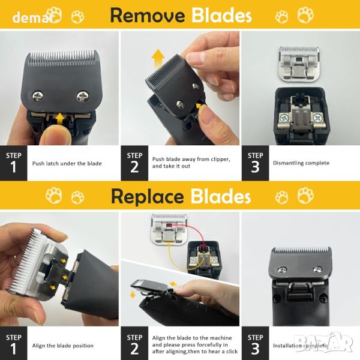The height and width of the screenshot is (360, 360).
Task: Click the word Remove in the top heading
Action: [x=148, y=16]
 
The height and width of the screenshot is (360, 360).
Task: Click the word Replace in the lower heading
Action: [x=147, y=197]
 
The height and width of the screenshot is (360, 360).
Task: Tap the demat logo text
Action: [x=34, y=17]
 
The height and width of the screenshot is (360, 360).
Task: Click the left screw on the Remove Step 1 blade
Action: [x=38, y=96]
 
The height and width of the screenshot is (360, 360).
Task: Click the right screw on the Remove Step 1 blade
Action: [x=82, y=96]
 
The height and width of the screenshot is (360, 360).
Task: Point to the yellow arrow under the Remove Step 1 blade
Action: [x=60, y=119]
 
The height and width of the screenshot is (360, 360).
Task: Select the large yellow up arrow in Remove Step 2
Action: [x=158, y=59]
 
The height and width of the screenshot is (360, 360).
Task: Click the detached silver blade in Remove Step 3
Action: [x=298, y=64]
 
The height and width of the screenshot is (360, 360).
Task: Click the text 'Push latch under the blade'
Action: [x=67, y=163]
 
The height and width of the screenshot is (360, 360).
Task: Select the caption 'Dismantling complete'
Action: [x=301, y=163]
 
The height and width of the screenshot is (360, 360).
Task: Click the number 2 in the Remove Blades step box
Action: [x=134, y=167]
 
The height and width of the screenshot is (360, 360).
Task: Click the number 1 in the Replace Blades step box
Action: [x=13, y=349]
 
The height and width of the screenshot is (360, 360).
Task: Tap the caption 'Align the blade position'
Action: [x=62, y=346]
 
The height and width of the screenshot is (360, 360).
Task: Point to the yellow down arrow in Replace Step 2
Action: [x=133, y=294]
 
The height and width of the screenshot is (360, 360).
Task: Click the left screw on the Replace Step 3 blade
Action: [x=283, y=269]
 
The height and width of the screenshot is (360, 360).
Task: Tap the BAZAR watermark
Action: [x=324, y=342]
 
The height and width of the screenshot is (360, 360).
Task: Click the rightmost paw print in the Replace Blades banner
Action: [x=305, y=195]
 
